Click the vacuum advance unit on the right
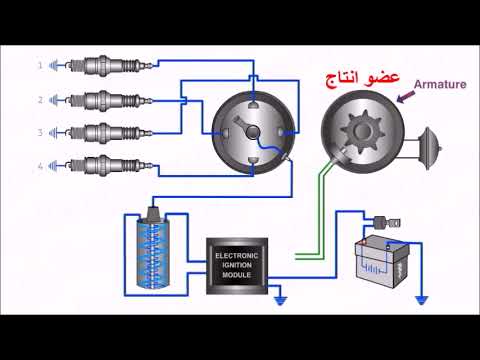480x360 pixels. click(434, 144)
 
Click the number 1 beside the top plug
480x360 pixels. click(41, 66)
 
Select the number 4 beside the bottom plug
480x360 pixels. click(41, 166)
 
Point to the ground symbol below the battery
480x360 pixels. click(423, 299)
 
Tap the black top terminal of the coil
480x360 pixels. click(154, 214)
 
